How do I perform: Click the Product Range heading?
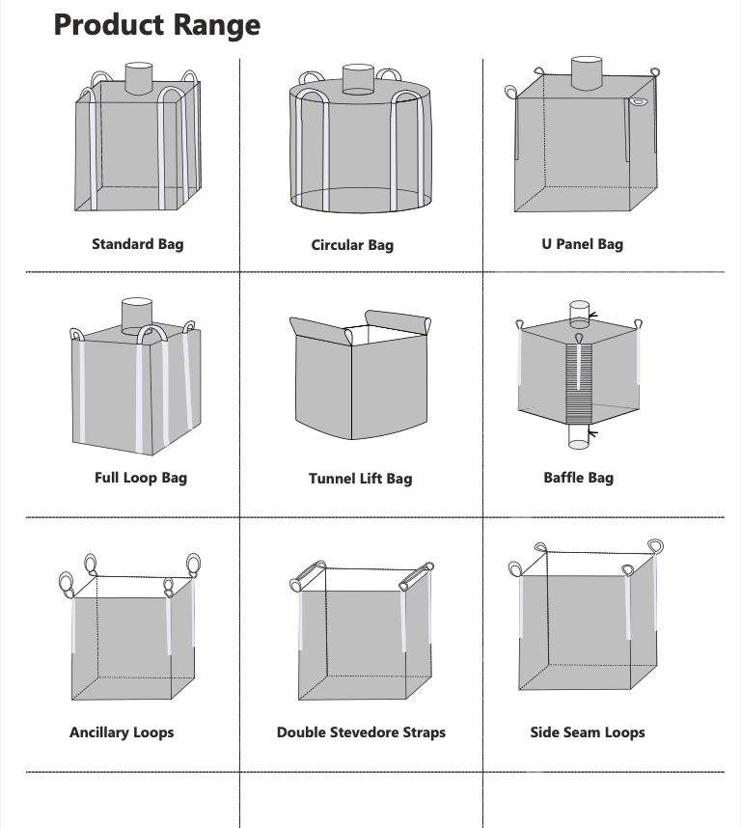coord(156,24)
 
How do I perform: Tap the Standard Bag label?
coord(137,243)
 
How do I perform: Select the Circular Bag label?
coord(352,245)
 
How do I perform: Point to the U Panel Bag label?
coord(582,243)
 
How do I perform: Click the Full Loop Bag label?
coord(141,477)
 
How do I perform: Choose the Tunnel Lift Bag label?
coord(360,479)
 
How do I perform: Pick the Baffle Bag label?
coord(578,477)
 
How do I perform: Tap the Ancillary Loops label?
coord(122,732)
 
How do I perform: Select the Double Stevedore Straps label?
coord(361,732)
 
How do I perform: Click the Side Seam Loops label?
coord(587,732)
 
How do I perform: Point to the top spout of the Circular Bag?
coord(358,80)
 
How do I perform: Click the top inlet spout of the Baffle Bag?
coord(578,314)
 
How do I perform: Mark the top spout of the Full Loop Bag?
coord(138,315)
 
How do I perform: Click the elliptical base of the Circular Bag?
coord(359,201)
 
